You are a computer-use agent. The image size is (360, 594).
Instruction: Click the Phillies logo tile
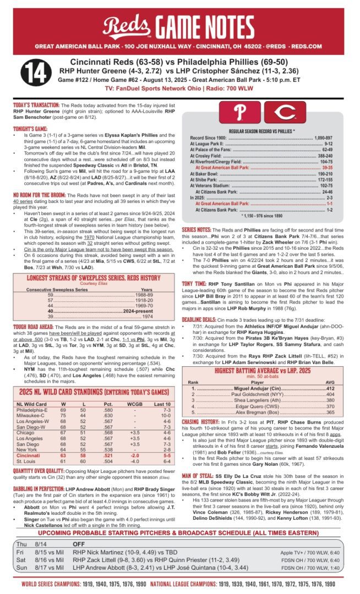(x=239, y=113)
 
